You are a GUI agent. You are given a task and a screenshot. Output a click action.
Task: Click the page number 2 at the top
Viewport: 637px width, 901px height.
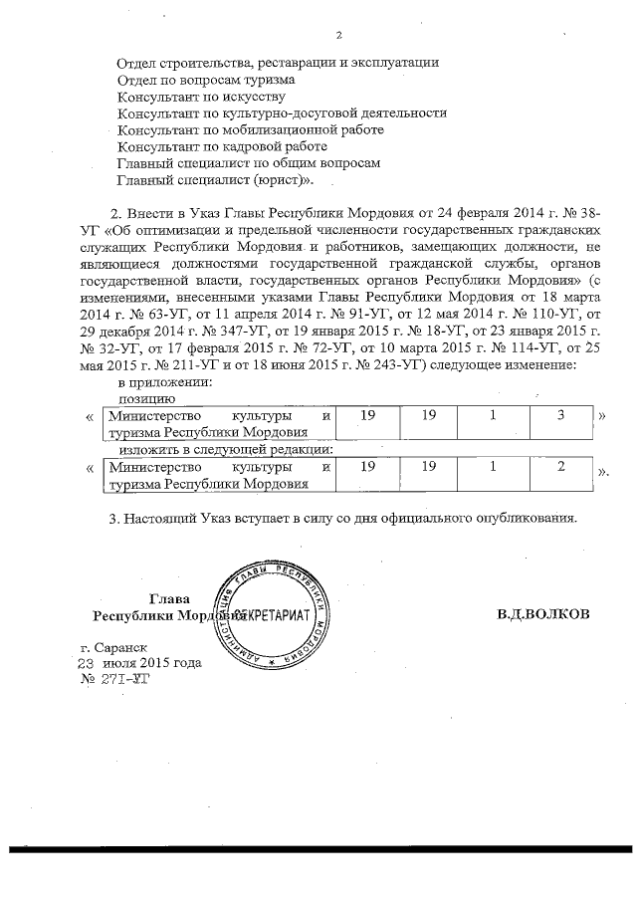pyautogui.click(x=339, y=36)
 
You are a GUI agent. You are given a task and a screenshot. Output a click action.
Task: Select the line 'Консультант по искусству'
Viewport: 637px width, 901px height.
pyautogui.click(x=201, y=97)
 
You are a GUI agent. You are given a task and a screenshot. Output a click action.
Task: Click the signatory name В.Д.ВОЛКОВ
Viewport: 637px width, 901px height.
pyautogui.click(x=543, y=614)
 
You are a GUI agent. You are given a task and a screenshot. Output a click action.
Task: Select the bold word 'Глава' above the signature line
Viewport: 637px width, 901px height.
pyautogui.click(x=168, y=597)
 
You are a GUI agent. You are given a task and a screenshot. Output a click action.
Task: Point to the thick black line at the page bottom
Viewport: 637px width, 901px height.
pyautogui.click(x=318, y=848)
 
